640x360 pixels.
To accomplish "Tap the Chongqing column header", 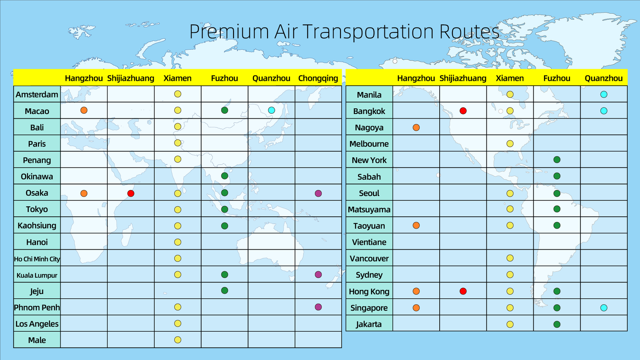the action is (318, 78).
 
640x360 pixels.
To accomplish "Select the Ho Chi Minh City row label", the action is (37, 259).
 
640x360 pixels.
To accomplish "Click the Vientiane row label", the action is (369, 242).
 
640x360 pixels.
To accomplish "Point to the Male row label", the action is (37, 340).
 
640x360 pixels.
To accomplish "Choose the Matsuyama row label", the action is (369, 210).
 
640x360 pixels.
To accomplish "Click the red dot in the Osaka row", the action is (131, 194).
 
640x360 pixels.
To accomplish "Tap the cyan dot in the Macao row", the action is (272, 110).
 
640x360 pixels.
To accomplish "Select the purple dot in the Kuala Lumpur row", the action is (318, 274).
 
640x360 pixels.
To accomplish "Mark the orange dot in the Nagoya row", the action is (416, 128).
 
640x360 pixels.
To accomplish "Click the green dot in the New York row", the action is (557, 160).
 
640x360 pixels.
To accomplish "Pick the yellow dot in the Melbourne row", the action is (510, 144).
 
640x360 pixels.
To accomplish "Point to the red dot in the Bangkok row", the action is (463, 111).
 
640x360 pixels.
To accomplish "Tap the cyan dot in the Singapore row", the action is (604, 308).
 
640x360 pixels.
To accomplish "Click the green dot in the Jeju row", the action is (224, 290).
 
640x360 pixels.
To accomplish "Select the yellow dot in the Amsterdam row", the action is (178, 94).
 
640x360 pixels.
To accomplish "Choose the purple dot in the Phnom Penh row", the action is (318, 307).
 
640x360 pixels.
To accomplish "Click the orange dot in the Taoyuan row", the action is (416, 226).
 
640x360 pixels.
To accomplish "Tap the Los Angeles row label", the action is (37, 324).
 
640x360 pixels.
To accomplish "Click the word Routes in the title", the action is (470, 32).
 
